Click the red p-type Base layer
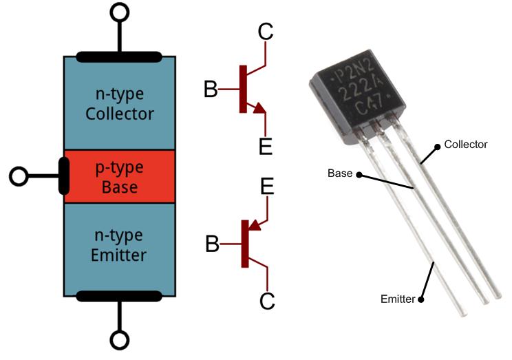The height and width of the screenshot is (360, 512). coord(119,178)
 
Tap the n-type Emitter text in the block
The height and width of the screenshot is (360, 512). coord(119,245)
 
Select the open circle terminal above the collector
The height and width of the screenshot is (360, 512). coord(120,12)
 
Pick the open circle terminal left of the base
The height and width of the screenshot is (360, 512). coord(19,177)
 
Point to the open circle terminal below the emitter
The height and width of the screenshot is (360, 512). coord(120,341)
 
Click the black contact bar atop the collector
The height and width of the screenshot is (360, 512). coord(119,56)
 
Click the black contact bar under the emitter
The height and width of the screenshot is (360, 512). coord(119,297)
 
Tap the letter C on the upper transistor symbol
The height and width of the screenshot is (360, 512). coord(266,32)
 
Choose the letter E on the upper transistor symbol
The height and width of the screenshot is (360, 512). coord(266,146)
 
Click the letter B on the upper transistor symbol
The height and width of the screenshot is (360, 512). coord(212,89)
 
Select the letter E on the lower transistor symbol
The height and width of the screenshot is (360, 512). coord(267,187)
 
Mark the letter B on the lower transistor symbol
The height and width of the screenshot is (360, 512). coord(213,244)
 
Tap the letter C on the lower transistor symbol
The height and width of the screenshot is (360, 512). coord(267,301)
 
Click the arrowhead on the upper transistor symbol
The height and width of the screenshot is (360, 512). coord(259,107)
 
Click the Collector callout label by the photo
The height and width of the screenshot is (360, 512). coord(465,145)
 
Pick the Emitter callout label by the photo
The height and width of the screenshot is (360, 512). coord(398,299)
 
